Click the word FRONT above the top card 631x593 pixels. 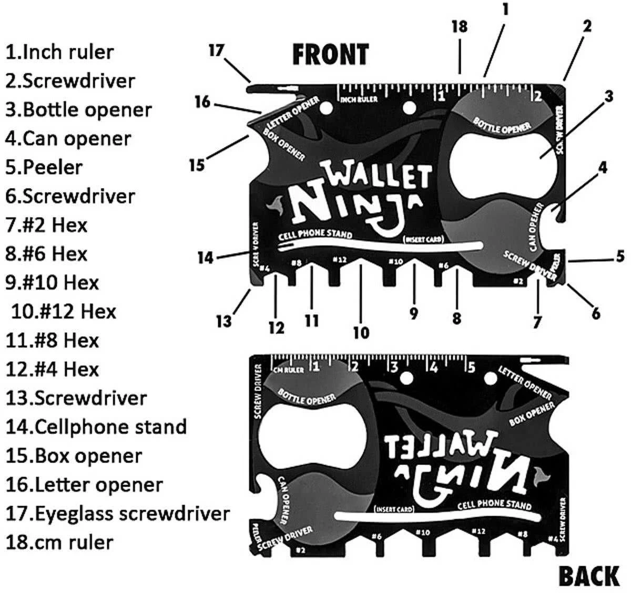tap(330, 54)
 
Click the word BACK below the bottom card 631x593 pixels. tap(588, 576)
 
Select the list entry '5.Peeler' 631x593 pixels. tap(44, 167)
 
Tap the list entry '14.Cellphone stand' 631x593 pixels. tap(96, 427)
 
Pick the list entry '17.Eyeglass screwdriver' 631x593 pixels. tap(118, 513)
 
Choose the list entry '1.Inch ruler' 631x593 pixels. tap(59, 52)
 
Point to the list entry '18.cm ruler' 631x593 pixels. tap(59, 542)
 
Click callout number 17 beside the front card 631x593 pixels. tap(216, 50)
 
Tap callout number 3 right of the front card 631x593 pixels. tap(608, 97)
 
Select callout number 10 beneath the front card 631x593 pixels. tap(361, 332)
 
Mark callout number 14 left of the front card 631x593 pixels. tap(206, 258)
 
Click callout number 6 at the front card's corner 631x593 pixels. tap(595, 313)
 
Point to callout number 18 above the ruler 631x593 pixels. tap(459, 26)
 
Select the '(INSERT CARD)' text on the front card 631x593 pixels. tap(423, 240)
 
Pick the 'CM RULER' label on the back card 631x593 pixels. tap(289, 370)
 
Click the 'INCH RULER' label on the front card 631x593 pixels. tap(359, 100)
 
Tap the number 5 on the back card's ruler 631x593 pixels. tap(471, 366)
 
